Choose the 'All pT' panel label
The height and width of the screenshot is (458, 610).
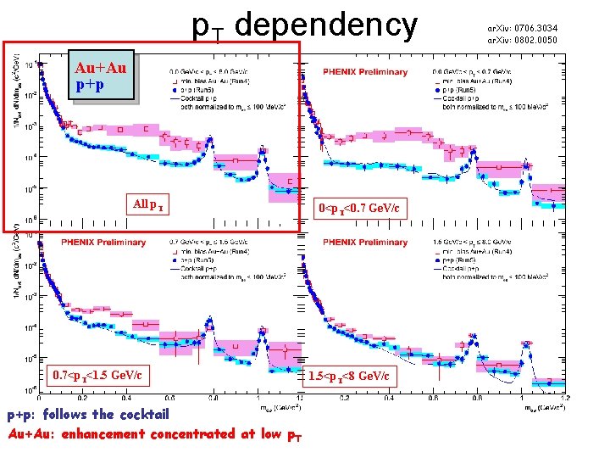pos(149,204)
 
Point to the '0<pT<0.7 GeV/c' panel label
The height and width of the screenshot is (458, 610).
pos(360,208)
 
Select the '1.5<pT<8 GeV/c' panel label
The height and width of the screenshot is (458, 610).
pos(349,375)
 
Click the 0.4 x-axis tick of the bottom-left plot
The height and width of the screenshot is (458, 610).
pos(125,397)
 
